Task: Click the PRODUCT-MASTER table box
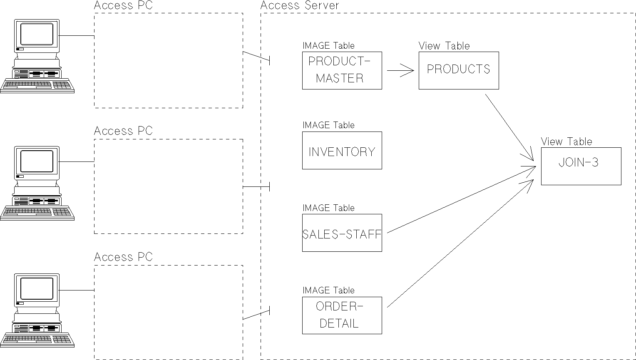click(x=342, y=70)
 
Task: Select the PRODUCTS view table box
click(x=458, y=70)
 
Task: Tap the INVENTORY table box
click(x=342, y=151)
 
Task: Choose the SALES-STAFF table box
click(x=342, y=233)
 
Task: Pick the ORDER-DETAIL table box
click(x=342, y=315)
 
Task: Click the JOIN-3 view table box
click(x=581, y=166)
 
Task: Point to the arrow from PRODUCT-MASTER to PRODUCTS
click(x=400, y=70)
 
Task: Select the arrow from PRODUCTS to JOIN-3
click(x=509, y=127)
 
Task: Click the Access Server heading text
click(x=300, y=5)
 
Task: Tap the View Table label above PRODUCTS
click(x=444, y=46)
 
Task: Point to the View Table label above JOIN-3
click(x=566, y=142)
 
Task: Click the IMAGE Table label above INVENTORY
click(x=328, y=125)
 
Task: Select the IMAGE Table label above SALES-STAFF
click(x=328, y=208)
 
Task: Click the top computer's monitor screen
click(x=37, y=34)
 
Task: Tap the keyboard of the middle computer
click(x=37, y=212)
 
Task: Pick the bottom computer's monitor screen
click(x=37, y=288)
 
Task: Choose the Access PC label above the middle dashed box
click(x=123, y=131)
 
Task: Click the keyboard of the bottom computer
click(x=37, y=340)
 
